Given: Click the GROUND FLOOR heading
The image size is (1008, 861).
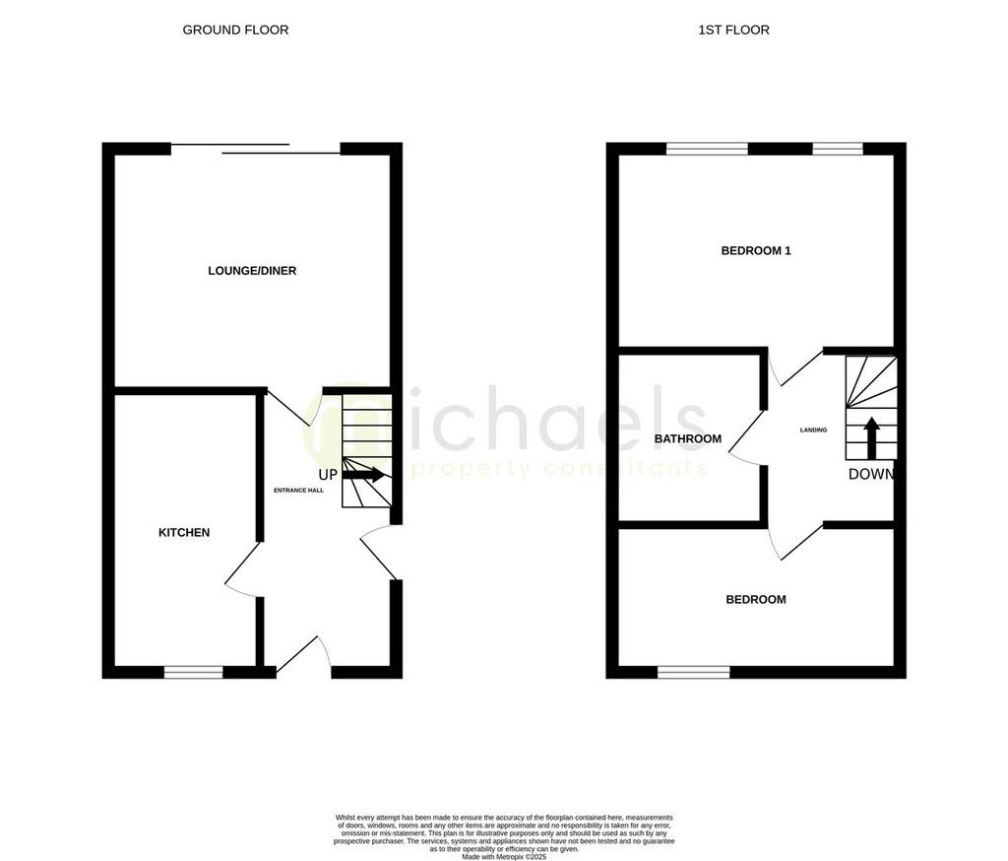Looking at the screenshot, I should tap(235, 30).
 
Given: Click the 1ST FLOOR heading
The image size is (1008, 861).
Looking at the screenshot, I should tap(733, 30).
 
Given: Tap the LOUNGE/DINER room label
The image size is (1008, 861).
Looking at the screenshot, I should tap(252, 271).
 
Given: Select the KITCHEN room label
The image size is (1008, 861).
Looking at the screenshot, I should tap(184, 533).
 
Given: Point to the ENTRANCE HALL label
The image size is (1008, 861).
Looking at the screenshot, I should tap(298, 490).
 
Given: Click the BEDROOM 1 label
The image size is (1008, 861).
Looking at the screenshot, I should tap(756, 251).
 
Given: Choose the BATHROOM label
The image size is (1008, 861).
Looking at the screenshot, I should tap(688, 439).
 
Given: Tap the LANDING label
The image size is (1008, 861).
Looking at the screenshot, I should tap(813, 430).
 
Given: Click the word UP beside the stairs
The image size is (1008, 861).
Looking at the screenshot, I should tap(328, 475).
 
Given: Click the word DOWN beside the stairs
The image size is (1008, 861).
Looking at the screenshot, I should tap(871, 474).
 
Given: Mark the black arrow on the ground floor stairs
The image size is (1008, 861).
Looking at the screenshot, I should tap(363, 475).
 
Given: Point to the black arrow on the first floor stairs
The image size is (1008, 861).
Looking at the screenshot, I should tap(871, 438).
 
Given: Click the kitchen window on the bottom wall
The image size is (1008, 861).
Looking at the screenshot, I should tap(193, 673).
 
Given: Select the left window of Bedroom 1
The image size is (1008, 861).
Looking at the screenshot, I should tap(707, 149).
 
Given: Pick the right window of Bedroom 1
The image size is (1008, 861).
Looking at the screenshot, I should tap(838, 149).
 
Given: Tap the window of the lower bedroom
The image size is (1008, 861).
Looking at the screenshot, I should tap(694, 673).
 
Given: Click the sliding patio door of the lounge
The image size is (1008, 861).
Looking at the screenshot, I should tap(256, 150).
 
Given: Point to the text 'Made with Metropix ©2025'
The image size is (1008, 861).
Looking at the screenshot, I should tap(504, 855).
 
